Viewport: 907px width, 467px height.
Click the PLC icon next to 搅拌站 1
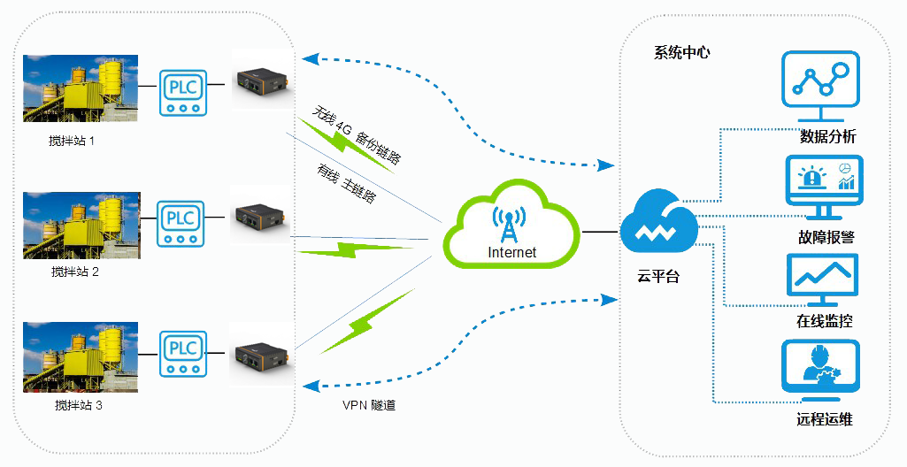182,92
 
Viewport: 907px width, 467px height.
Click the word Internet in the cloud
511,253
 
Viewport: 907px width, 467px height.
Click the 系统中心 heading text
681,52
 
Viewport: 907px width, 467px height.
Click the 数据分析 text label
827,137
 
